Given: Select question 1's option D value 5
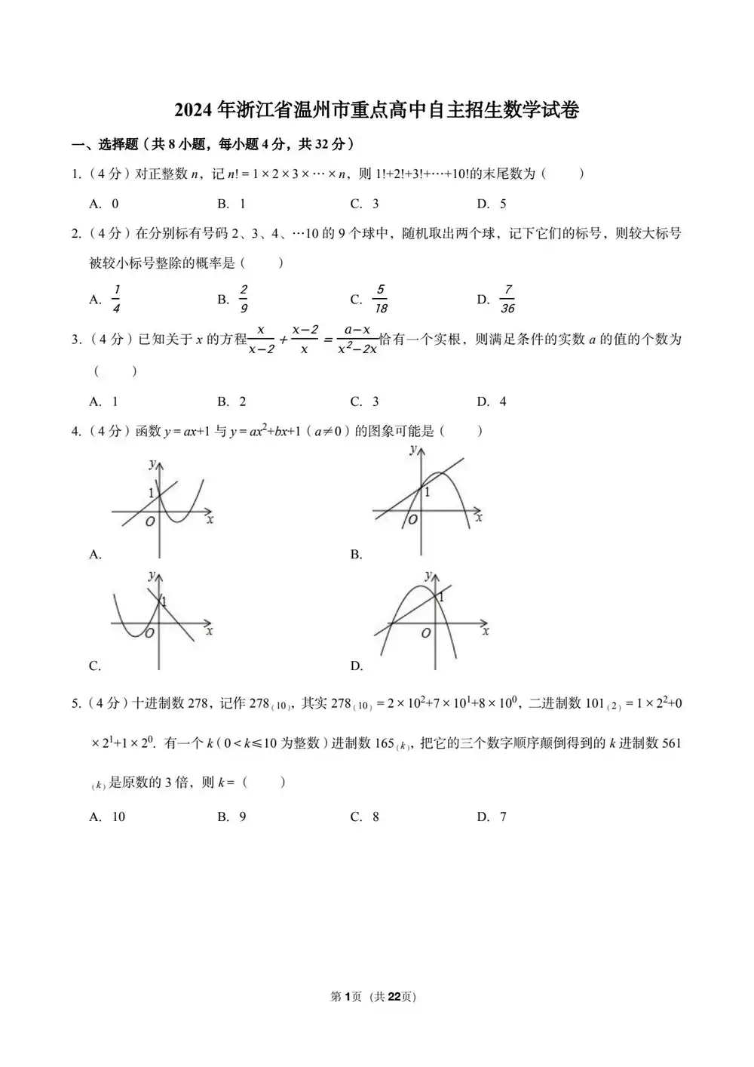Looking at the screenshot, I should click(503, 204).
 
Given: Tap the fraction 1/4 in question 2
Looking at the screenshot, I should click(116, 300).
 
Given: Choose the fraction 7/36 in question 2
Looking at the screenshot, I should click(507, 300).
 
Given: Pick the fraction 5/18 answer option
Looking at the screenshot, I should click(381, 300).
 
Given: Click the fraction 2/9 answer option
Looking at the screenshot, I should click(244, 300).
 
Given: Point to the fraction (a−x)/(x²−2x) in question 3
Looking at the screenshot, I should click(357, 340).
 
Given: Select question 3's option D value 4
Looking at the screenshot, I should click(503, 401).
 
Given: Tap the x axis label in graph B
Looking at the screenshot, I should click(479, 518).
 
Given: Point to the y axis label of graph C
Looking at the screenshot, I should click(152, 576).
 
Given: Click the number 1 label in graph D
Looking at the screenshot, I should click(441, 597).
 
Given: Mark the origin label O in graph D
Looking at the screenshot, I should click(426, 633).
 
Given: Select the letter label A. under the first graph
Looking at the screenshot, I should click(95, 555).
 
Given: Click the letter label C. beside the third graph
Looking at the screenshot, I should click(95, 666).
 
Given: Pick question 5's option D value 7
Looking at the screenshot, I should click(503, 816).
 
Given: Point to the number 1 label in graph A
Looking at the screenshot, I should click(151, 494).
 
